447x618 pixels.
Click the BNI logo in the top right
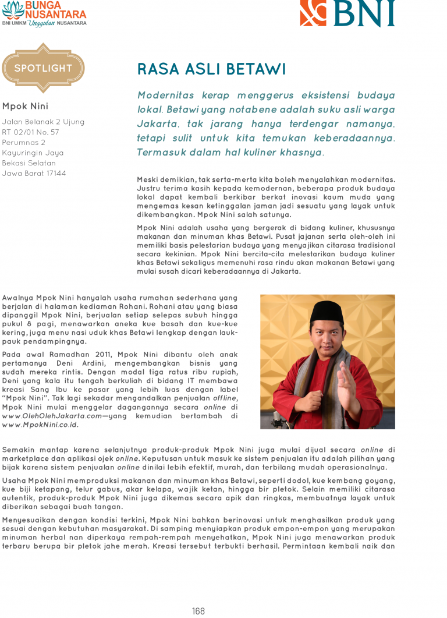tap(347, 13)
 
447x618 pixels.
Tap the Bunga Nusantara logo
tap(44, 13)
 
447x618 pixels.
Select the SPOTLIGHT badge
tap(43, 68)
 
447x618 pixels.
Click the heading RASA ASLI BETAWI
tap(211, 69)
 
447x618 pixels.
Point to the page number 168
tap(198, 611)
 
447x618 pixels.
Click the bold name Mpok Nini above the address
tap(25, 106)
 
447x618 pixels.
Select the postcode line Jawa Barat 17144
tap(34, 174)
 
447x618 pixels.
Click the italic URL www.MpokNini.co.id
tap(40, 425)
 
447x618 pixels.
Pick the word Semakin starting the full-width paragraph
tap(19, 450)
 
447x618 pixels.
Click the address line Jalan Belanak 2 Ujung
tap(43, 122)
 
